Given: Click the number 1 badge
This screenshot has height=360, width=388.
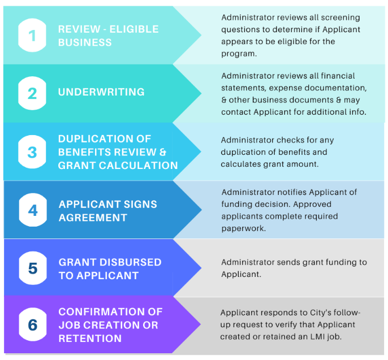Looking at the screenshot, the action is click(x=32, y=35).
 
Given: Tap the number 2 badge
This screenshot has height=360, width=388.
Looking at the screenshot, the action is click(x=32, y=93).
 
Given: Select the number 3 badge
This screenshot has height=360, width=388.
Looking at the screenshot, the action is click(x=32, y=152).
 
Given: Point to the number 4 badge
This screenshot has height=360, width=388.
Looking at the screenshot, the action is click(x=33, y=210).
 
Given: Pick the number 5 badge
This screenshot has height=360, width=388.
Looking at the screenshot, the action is click(x=33, y=268).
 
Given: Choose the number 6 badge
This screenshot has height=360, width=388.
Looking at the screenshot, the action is click(x=33, y=324).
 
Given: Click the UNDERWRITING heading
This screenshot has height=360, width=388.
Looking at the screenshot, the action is click(x=101, y=92).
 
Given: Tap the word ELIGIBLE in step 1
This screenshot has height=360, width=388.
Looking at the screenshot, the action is click(x=134, y=29).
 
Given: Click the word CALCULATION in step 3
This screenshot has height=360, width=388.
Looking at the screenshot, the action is click(x=139, y=166).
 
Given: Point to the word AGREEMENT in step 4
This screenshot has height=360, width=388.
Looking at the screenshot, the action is click(x=93, y=218).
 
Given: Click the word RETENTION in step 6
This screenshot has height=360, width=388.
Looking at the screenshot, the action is click(x=90, y=338).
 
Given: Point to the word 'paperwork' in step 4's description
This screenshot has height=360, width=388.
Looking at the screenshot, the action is click(x=243, y=228).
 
